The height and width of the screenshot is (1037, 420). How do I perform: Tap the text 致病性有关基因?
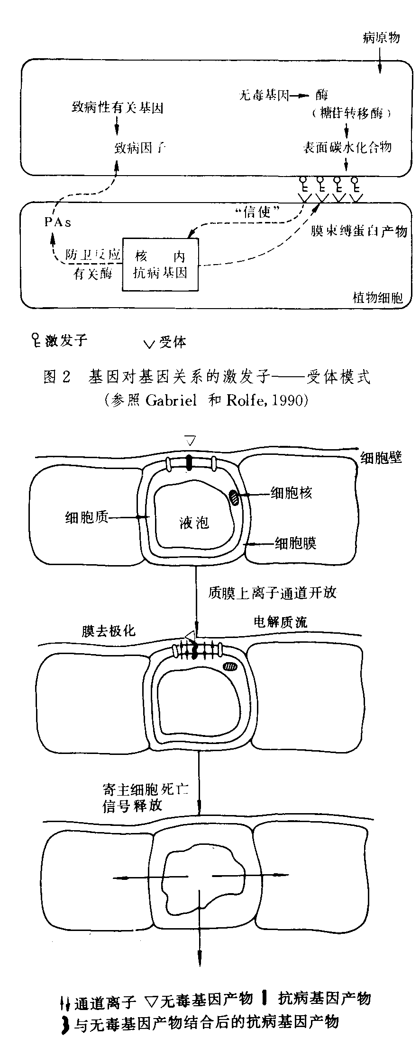point(118,108)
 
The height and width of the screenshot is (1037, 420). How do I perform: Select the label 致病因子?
point(140,148)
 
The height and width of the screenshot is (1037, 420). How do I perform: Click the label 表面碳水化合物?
point(347,147)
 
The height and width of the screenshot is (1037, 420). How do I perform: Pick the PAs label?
point(58,222)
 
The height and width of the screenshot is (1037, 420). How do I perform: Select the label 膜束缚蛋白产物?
point(359,230)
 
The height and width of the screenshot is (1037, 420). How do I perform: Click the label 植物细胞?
point(378,298)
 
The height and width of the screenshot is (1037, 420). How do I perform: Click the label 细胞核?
point(291,493)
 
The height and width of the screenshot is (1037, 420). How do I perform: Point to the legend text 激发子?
point(66,340)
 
